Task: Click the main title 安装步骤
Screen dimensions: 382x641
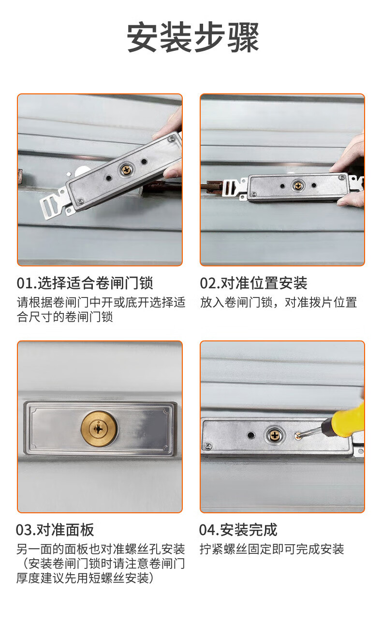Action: click(x=193, y=37)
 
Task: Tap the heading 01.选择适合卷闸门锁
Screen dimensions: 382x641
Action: click(x=85, y=283)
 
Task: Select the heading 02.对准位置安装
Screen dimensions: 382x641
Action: click(x=253, y=283)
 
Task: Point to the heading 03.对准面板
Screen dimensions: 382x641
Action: click(x=55, y=530)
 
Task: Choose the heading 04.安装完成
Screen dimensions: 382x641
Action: click(x=238, y=530)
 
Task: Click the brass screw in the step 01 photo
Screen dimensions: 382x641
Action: click(x=126, y=170)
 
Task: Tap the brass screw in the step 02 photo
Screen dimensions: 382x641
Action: click(x=298, y=186)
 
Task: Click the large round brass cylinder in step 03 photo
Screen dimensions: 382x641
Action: click(x=99, y=429)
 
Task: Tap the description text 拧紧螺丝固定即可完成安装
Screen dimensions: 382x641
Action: click(x=272, y=549)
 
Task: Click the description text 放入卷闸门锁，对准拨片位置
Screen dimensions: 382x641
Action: click(x=279, y=302)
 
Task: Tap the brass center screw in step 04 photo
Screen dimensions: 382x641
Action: click(x=274, y=435)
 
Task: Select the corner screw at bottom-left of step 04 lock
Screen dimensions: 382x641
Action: click(x=208, y=446)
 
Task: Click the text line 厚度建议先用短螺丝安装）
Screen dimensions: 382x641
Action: click(x=85, y=578)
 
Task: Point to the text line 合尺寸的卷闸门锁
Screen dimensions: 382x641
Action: click(x=65, y=317)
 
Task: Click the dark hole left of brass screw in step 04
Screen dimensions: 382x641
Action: click(x=251, y=435)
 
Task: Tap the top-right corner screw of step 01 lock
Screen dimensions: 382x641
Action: click(x=172, y=139)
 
